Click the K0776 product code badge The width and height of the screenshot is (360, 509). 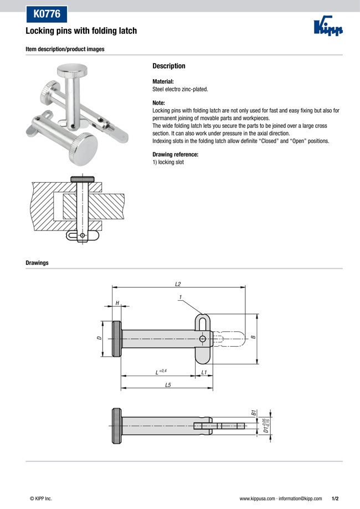click(47, 13)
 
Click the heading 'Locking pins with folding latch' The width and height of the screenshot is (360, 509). click(81, 32)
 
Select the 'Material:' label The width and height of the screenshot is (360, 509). click(163, 81)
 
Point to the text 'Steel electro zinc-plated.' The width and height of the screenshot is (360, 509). click(180, 89)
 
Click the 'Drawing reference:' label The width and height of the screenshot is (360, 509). click(175, 155)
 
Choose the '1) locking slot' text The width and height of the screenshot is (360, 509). click(168, 162)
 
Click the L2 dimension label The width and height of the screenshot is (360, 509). click(178, 284)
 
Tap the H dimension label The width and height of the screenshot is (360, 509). click(117, 302)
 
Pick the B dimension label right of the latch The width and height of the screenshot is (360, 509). click(253, 337)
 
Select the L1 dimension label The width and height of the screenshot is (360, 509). click(204, 372)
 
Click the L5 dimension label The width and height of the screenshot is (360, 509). click(168, 384)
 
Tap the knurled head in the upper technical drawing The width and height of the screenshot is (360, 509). click(117, 339)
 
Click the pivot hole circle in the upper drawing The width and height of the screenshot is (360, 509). click(203, 339)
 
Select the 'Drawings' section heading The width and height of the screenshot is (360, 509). click(37, 263)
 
